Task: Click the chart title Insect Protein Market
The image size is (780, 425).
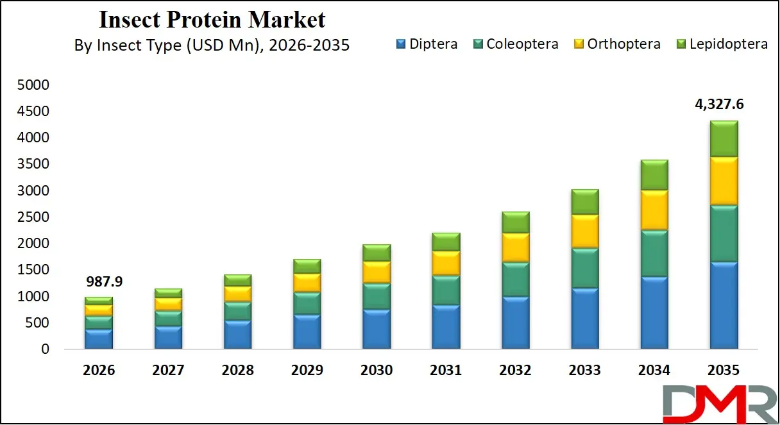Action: coord(212,19)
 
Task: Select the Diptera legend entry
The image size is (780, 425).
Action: coord(427,44)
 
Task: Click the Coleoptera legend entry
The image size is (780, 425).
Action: coord(515,44)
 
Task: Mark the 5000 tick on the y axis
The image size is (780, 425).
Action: coord(35,85)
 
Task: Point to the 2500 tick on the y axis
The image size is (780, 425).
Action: coord(35,217)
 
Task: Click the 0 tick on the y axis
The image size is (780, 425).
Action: coord(45,349)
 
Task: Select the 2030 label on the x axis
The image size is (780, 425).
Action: coord(376,371)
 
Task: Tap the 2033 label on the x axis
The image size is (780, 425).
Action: coord(585,371)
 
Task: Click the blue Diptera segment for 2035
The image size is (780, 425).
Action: coord(724,305)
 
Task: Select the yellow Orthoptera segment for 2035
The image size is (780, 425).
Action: coord(724,181)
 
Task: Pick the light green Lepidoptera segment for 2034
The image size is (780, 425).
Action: coord(654,175)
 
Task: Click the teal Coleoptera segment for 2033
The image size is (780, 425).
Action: coord(584,268)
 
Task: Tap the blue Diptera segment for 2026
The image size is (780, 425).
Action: coord(98,339)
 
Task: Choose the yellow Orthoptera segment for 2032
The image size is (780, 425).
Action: coord(515,247)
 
